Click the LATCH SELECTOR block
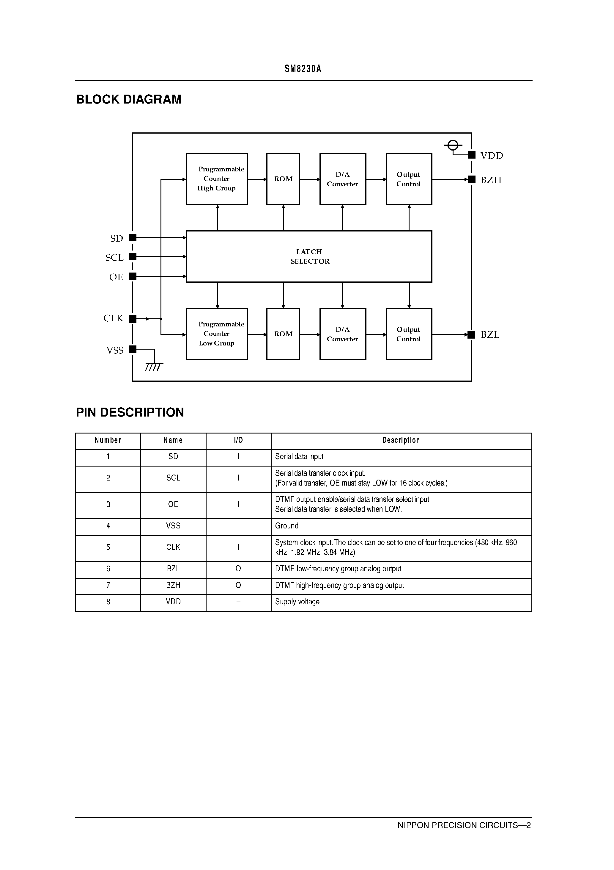point(309,256)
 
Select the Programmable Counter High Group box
point(217,179)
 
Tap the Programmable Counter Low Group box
point(217,334)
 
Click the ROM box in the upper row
point(283,179)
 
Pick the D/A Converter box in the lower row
point(343,334)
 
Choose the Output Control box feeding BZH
point(409,179)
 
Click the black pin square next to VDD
point(472,155)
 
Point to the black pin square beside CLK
point(133,319)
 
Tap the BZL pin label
point(490,335)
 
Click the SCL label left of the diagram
point(114,258)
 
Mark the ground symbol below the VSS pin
point(154,366)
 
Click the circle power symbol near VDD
point(453,145)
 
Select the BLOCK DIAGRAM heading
point(129,99)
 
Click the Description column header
point(401,440)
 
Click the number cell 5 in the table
point(108,547)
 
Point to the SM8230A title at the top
point(303,69)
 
